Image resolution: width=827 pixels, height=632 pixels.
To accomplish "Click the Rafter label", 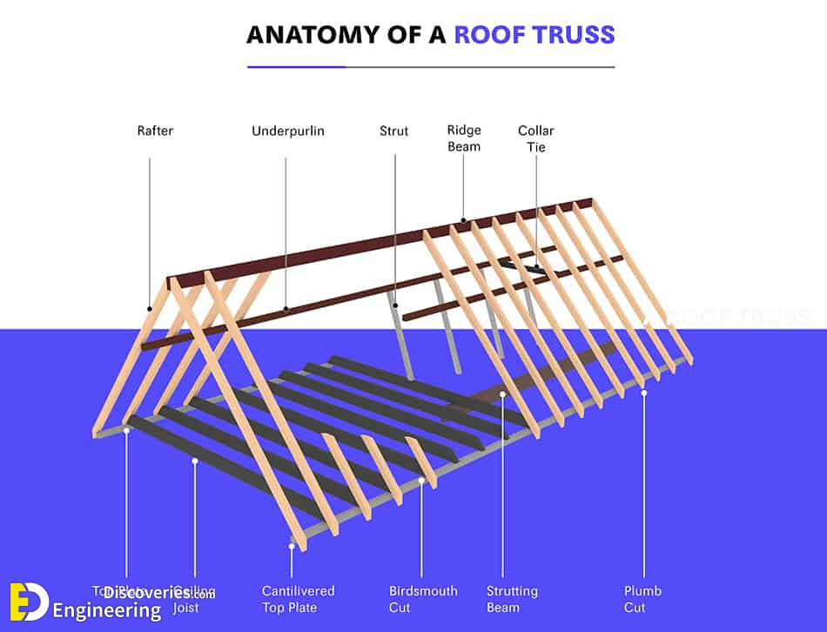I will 155,131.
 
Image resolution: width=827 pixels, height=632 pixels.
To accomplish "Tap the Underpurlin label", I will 287,131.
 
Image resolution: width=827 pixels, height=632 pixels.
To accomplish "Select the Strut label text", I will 393,131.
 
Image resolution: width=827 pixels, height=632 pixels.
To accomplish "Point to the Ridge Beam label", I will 464,138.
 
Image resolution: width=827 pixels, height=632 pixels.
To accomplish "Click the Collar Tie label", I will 536,138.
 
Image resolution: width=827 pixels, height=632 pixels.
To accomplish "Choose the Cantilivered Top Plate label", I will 298,599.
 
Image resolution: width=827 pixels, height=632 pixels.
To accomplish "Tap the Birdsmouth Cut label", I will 423,599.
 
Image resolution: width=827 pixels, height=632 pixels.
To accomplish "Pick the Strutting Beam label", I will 512,599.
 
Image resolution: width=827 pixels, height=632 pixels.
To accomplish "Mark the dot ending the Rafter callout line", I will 150,308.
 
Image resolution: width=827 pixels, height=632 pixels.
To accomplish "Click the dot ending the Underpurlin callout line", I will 286,308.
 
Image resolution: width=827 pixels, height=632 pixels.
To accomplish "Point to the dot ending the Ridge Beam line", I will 463,220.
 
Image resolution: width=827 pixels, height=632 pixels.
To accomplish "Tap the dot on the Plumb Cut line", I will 644,393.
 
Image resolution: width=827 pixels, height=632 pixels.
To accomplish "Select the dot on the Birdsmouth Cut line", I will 421,480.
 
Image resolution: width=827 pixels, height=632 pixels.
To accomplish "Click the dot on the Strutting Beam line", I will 503,394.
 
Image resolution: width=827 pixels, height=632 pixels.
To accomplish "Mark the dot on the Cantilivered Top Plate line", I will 292,547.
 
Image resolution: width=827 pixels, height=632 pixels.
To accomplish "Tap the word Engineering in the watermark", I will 107,611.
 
